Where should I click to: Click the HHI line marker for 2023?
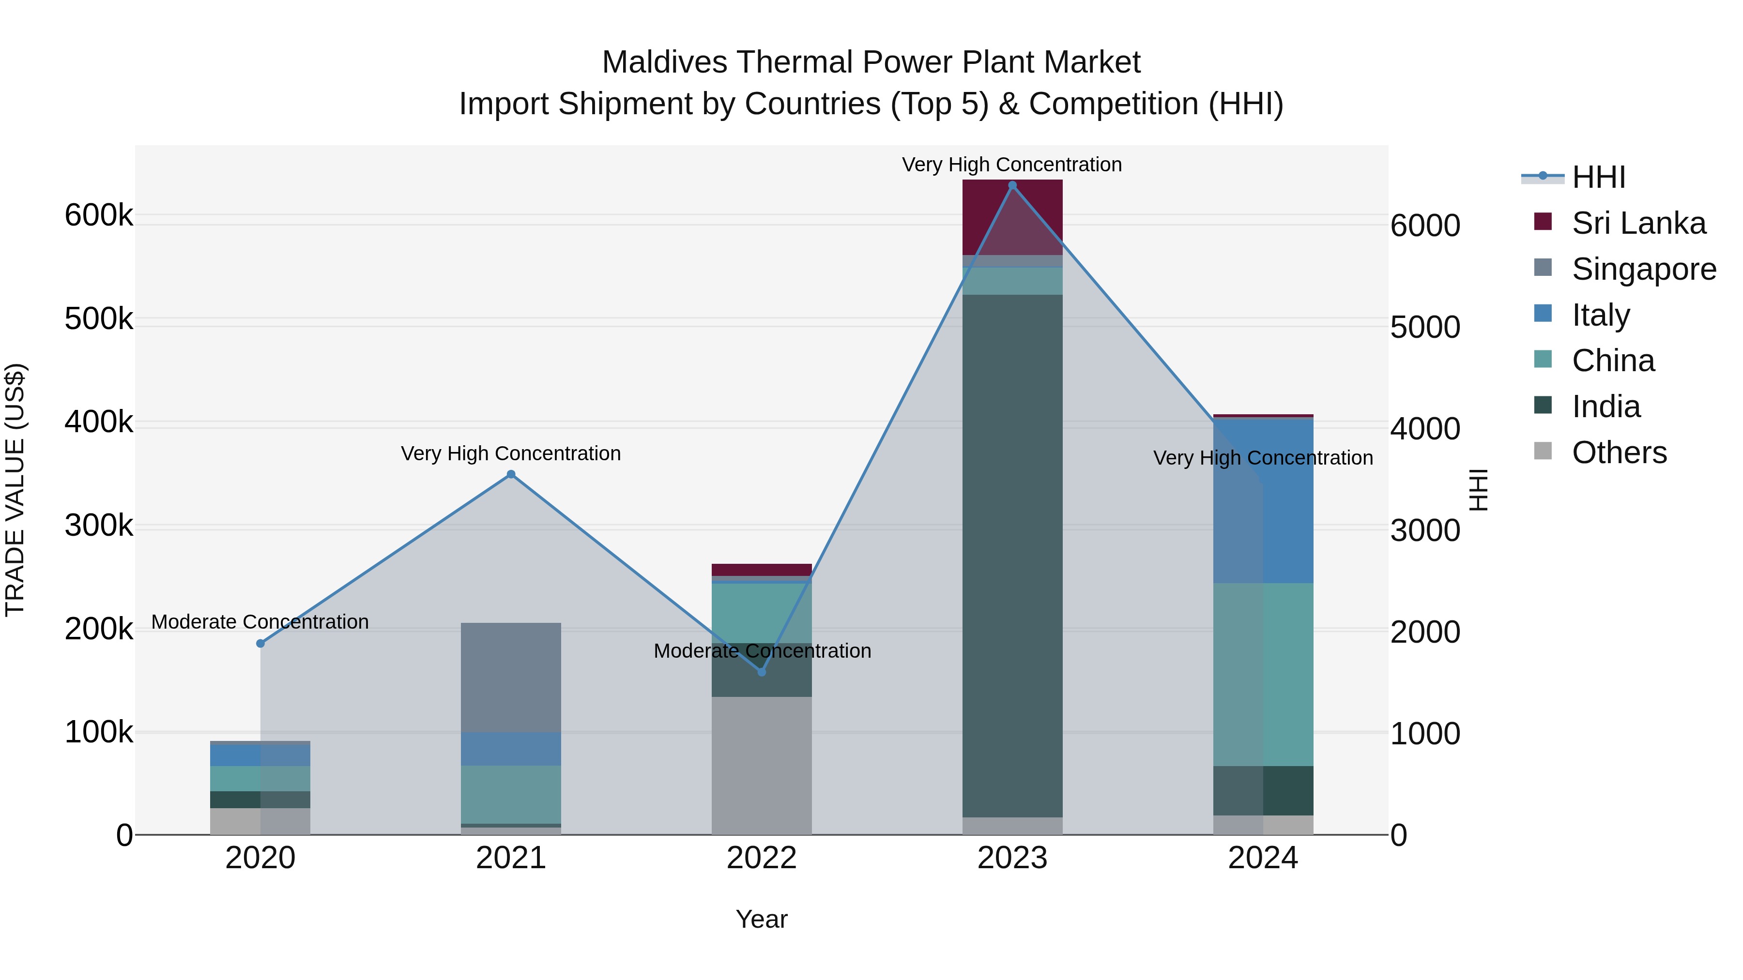1012,185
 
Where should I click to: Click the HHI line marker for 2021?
511,474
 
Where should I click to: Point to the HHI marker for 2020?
260,643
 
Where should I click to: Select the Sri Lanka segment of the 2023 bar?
1012,216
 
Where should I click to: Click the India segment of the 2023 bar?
1012,555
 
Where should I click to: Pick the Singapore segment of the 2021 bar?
511,677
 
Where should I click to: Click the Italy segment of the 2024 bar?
1263,500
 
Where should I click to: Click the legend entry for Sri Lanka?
1638,223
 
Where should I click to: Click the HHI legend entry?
1598,177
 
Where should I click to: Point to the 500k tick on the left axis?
99,318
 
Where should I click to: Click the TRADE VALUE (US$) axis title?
15,490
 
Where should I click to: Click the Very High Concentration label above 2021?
511,453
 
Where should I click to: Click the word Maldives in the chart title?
664,62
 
